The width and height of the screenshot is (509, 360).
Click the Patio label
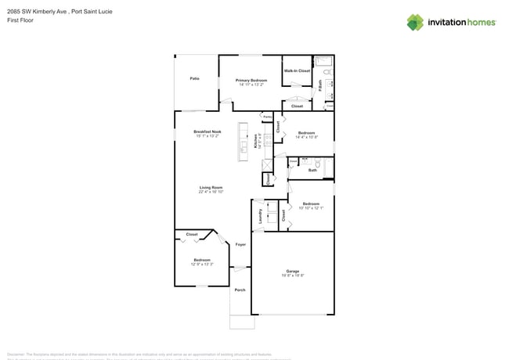[193, 78]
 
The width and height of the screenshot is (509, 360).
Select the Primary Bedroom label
[251, 81]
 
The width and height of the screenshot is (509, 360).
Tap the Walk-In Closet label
[297, 70]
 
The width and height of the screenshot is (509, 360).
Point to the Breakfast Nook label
[208, 131]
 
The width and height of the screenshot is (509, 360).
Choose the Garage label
[292, 271]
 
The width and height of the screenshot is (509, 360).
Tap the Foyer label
[240, 244]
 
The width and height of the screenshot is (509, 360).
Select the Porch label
[240, 290]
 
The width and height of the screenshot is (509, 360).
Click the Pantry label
[266, 117]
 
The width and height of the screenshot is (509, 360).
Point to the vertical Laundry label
[260, 216]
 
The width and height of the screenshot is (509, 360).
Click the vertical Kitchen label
[255, 141]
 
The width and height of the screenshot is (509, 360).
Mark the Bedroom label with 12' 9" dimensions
[201, 260]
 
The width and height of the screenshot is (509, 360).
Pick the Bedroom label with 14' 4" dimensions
[306, 133]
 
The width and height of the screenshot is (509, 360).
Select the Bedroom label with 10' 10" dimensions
[311, 203]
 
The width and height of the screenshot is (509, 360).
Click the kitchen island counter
[244, 142]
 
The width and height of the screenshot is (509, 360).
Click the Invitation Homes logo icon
[415, 22]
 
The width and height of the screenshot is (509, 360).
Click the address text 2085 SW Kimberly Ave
[35, 11]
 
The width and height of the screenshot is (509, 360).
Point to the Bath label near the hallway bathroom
[312, 170]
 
